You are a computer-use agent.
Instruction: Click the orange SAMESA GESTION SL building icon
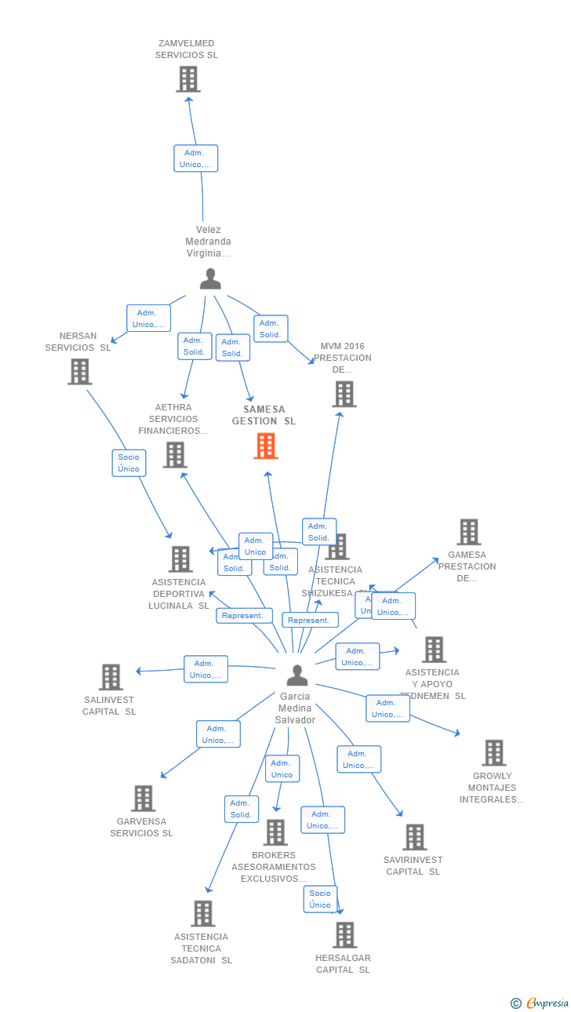click(x=266, y=446)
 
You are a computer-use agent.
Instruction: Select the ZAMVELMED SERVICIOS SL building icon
click(x=187, y=79)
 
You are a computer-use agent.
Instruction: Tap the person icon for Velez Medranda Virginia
click(x=210, y=278)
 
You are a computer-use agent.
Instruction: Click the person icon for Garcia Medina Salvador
click(x=296, y=675)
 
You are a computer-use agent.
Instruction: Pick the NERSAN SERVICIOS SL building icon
click(x=79, y=371)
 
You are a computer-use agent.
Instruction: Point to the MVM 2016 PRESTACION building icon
click(x=344, y=394)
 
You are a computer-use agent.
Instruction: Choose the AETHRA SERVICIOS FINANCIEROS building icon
click(x=174, y=454)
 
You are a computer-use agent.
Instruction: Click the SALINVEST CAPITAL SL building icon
click(x=111, y=677)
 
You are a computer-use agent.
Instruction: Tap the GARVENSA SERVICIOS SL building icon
click(x=143, y=798)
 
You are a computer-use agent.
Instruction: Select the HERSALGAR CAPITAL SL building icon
click(x=344, y=934)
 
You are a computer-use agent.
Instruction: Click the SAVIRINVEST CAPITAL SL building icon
click(x=414, y=837)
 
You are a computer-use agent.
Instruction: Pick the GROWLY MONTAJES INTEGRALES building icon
click(x=493, y=752)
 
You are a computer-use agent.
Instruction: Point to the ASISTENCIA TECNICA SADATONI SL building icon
click(x=202, y=913)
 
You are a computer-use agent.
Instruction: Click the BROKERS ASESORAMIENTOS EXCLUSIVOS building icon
click(x=275, y=832)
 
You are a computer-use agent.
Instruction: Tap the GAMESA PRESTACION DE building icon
click(x=468, y=532)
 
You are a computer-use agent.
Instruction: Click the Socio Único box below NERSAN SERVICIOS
click(x=129, y=463)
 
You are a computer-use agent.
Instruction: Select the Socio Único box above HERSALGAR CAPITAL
click(x=320, y=899)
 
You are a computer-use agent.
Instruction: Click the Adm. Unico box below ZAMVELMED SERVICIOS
click(x=195, y=158)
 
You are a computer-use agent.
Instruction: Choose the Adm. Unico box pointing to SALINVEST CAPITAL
click(x=205, y=669)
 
